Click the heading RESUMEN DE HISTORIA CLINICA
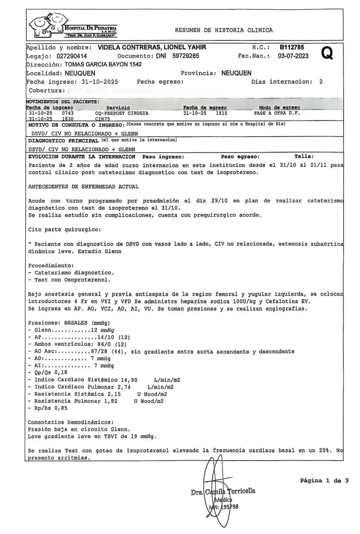(x=223, y=30)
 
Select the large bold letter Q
(x=327, y=53)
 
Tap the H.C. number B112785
(x=291, y=47)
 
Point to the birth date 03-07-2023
(x=293, y=56)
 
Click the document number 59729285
(x=186, y=56)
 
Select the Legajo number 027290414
(x=72, y=56)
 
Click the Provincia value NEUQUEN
(x=236, y=73)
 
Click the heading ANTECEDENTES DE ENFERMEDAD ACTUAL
(x=83, y=186)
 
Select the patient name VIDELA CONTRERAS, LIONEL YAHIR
(x=151, y=47)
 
